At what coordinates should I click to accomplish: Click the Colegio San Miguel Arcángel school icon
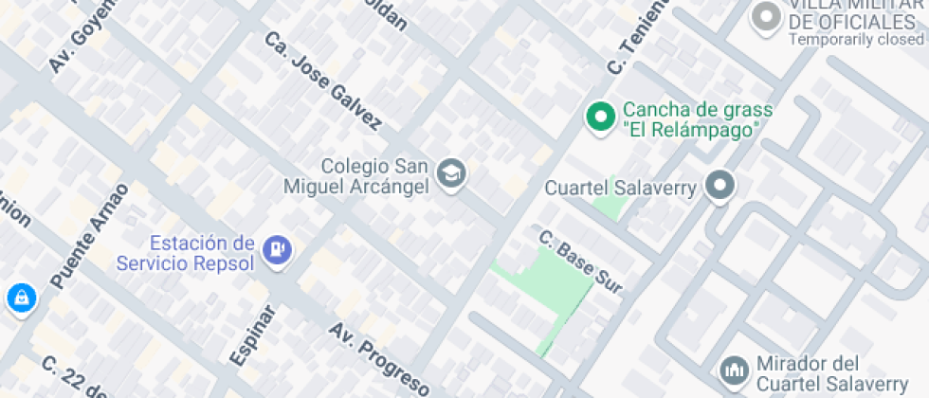(453, 174)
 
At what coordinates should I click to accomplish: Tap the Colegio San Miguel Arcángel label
(364, 175)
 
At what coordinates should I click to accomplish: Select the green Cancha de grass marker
(599, 118)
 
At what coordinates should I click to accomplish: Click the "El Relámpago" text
(691, 129)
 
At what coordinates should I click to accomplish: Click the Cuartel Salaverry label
(621, 188)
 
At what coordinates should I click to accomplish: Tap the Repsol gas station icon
(279, 250)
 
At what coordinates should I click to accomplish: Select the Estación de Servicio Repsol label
(186, 252)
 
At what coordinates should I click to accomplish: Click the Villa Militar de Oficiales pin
(765, 17)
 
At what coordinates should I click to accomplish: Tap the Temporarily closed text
(855, 40)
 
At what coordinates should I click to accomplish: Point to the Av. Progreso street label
(379, 358)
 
